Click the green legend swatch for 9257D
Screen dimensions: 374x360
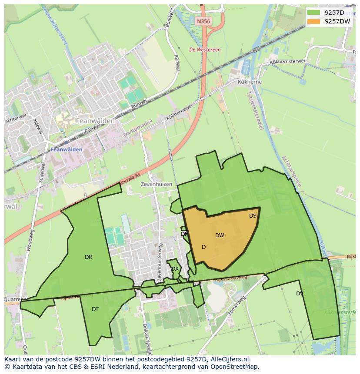pyautogui.click(x=313, y=13)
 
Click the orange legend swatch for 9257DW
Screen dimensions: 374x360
pyautogui.click(x=313, y=21)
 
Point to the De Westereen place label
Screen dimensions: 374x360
pyautogui.click(x=205, y=50)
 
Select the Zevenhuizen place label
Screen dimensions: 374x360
pyautogui.click(x=157, y=184)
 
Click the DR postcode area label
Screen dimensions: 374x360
pyautogui.click(x=88, y=257)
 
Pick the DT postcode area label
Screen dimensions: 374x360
pyautogui.click(x=95, y=309)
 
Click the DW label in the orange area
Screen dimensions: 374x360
pyautogui.click(x=220, y=235)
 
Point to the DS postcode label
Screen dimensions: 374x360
pyautogui.click(x=253, y=216)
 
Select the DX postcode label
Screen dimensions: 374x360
pyautogui.click(x=175, y=269)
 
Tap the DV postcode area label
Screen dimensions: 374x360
pyautogui.click(x=300, y=294)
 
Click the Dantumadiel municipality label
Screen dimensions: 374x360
pyautogui.click(x=138, y=129)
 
